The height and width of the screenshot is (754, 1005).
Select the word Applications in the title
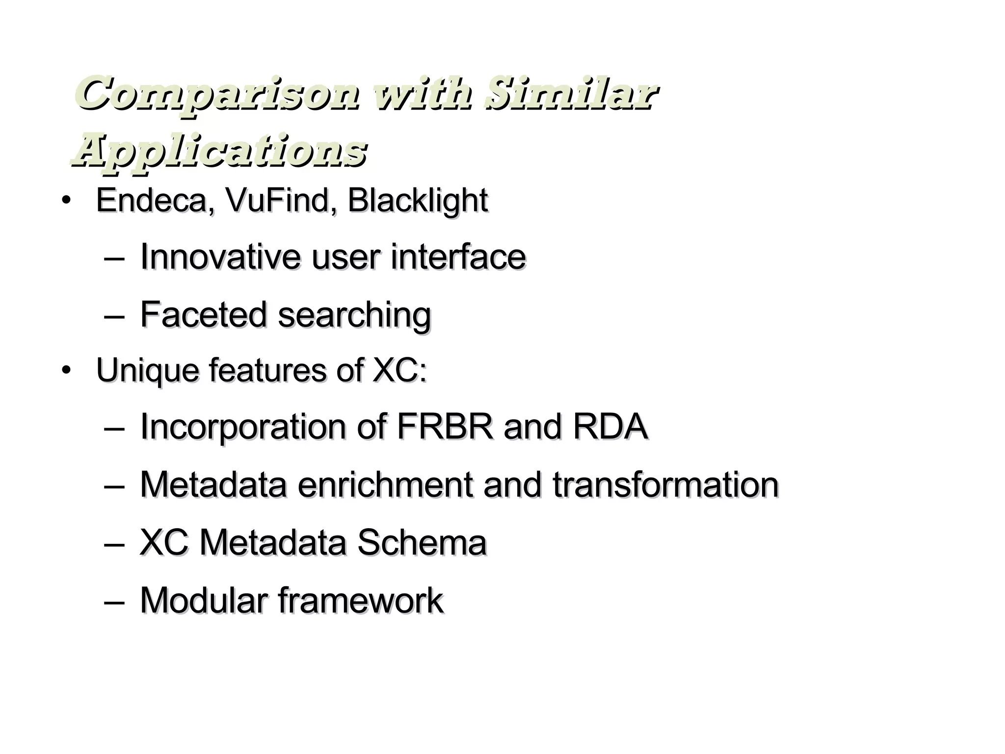(x=219, y=150)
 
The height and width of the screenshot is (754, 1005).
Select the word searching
(x=355, y=315)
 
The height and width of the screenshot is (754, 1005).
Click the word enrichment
(x=385, y=485)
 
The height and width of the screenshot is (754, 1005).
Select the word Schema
(x=422, y=542)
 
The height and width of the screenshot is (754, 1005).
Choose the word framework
(x=361, y=600)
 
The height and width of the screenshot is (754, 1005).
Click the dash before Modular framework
(x=114, y=601)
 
